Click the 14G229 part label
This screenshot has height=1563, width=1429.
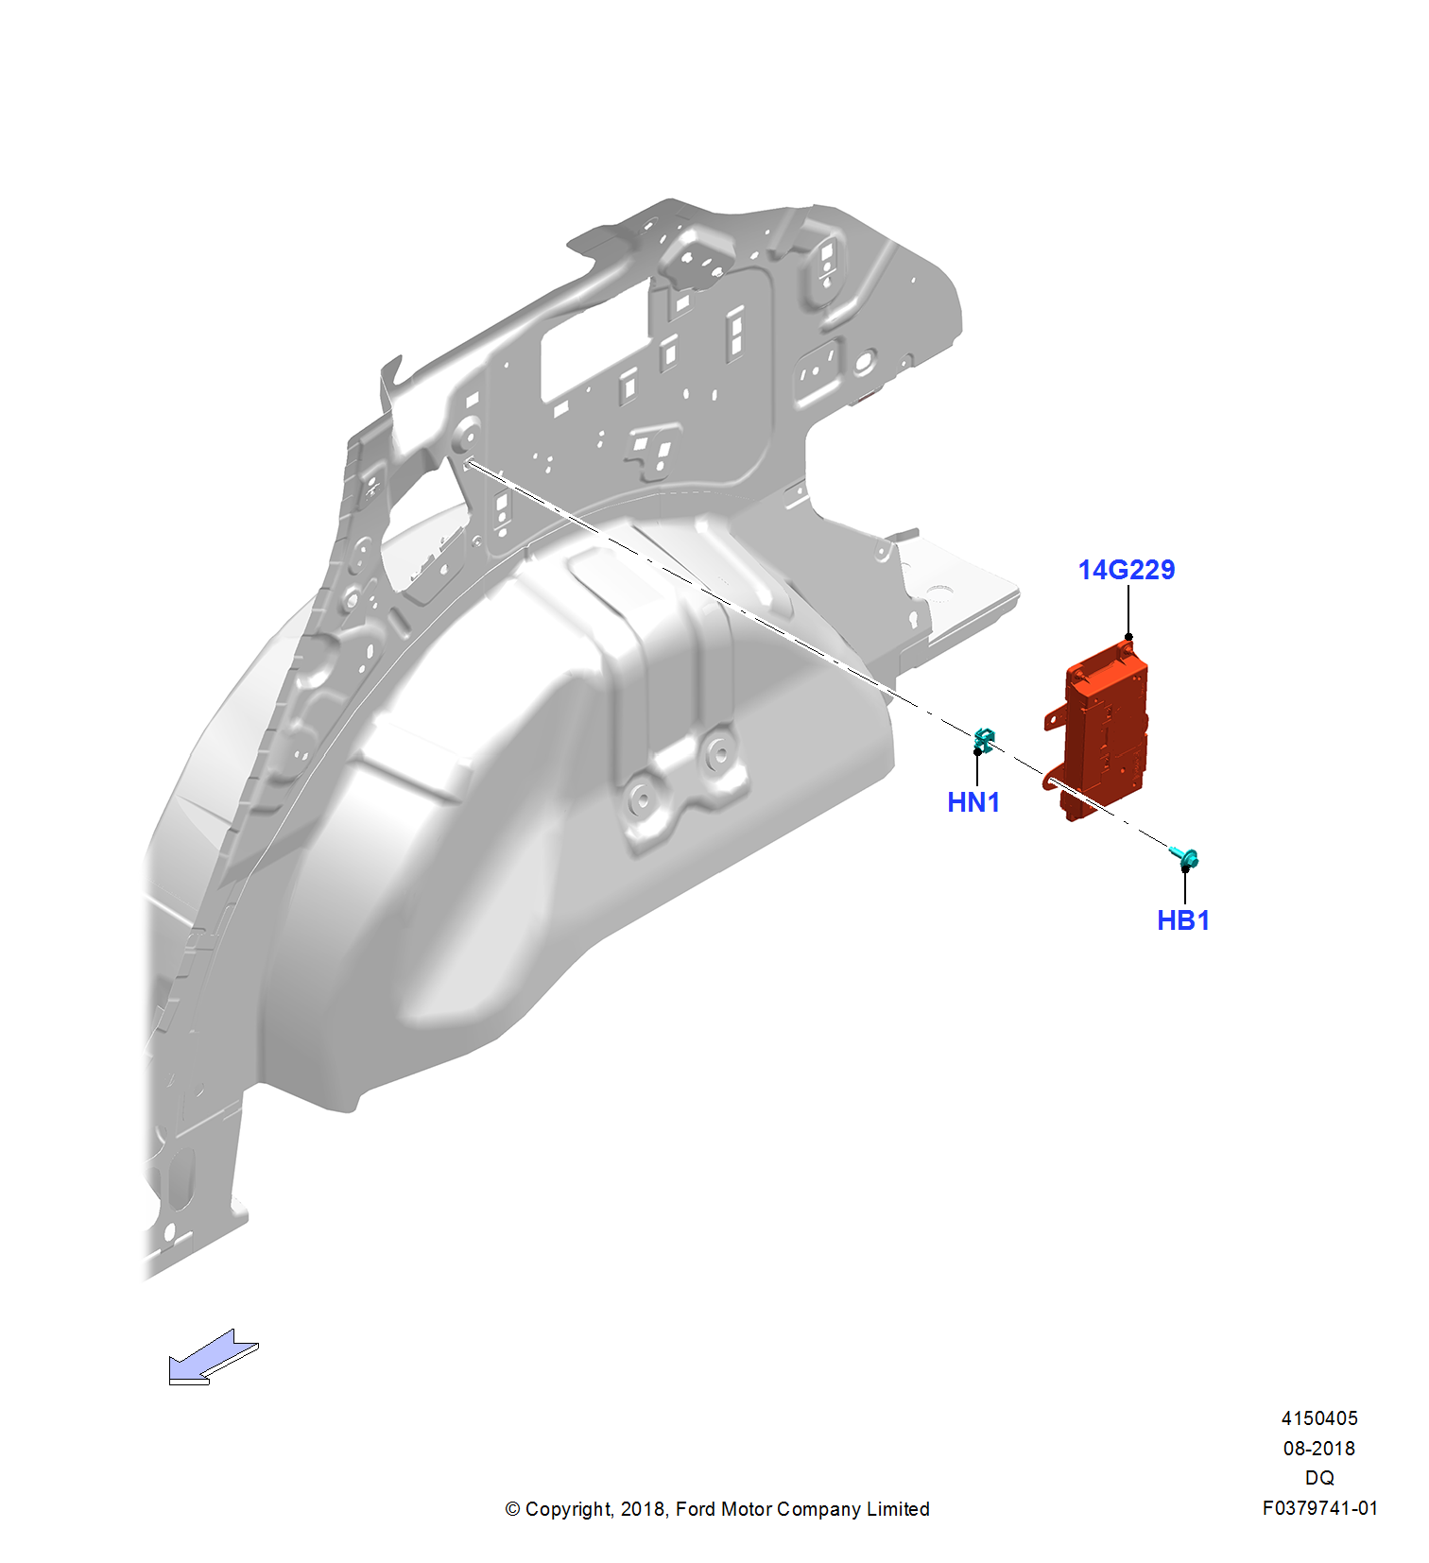(x=1127, y=570)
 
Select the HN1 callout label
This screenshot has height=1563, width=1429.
(x=973, y=802)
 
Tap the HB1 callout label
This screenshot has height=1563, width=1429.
(x=1183, y=920)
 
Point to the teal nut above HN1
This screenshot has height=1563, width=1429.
(x=984, y=740)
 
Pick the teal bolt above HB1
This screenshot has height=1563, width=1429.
(x=1186, y=858)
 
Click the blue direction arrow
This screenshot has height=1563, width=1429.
(x=214, y=1357)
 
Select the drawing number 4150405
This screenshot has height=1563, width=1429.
(x=1319, y=1418)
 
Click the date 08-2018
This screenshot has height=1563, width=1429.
(x=1319, y=1449)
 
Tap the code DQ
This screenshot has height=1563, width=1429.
(x=1319, y=1478)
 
